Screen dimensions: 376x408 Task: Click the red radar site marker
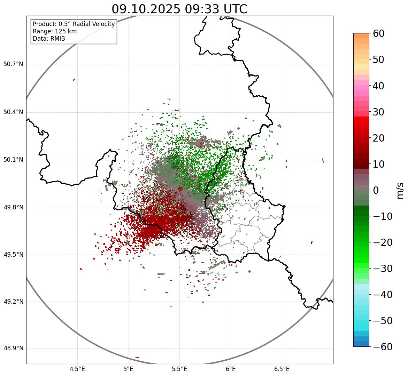180,189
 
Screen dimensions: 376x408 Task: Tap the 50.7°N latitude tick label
13,64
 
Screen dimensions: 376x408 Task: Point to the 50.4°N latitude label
13,112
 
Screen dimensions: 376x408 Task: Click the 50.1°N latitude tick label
13,160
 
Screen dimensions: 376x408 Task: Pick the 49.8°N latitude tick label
13,208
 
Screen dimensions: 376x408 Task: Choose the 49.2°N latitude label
13,302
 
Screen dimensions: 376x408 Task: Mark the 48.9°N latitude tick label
13,349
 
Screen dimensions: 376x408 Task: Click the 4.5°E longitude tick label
77,369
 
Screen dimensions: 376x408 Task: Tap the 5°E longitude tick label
129,369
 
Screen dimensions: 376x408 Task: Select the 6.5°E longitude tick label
282,369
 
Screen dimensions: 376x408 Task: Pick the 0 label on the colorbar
376,190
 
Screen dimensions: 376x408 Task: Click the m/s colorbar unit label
401,190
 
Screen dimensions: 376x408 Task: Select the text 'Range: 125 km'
55,31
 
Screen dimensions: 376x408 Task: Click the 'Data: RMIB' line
49,39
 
